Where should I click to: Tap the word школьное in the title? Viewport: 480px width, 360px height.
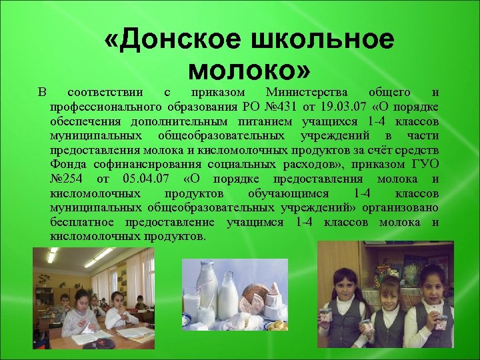click(x=321, y=41)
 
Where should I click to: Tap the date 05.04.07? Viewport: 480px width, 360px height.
click(x=145, y=179)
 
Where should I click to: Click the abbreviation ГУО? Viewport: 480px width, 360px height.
click(x=425, y=164)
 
